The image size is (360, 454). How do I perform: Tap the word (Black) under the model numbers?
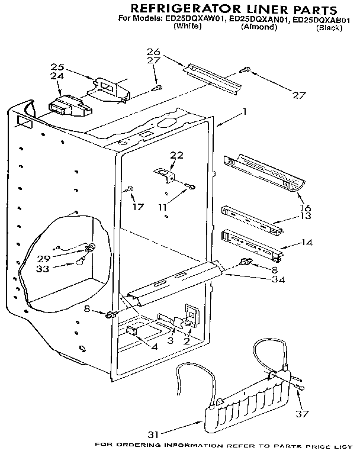click(x=329, y=28)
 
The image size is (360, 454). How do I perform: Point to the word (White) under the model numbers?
click(x=188, y=28)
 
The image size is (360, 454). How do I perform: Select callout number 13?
click(x=306, y=217)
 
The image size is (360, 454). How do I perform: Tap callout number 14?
click(x=307, y=243)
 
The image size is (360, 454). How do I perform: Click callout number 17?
click(x=138, y=207)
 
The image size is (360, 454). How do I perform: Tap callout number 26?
click(x=153, y=51)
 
